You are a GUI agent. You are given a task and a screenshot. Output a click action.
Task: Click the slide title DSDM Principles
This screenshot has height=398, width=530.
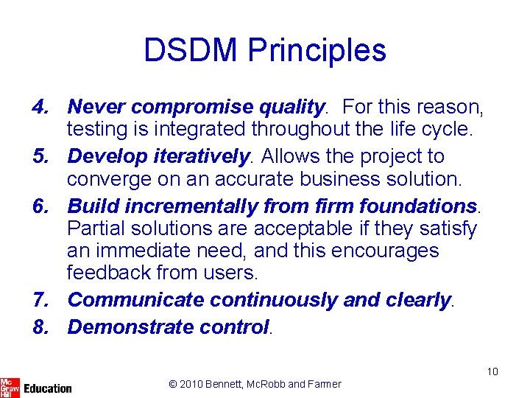(x=265, y=50)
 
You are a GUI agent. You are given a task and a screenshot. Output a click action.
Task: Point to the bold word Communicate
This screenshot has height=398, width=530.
(x=135, y=300)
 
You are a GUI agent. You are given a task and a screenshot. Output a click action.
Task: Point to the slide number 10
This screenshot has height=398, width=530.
(x=492, y=371)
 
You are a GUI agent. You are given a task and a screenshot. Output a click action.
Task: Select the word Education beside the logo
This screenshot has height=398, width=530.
(x=48, y=388)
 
